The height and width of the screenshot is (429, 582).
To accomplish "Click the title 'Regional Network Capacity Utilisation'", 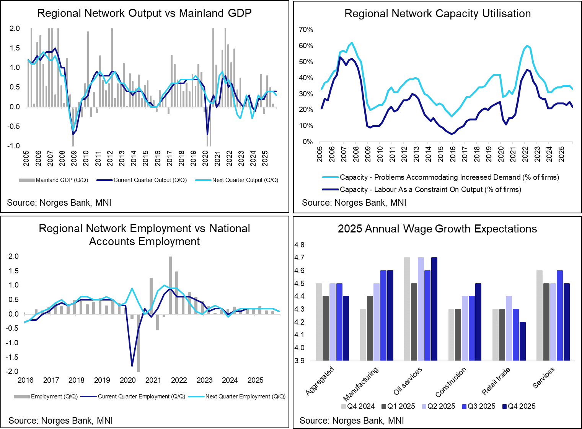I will (437, 14).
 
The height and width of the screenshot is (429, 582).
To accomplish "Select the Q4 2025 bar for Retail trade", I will (522, 341).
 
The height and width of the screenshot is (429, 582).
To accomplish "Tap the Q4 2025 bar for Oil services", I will (434, 309).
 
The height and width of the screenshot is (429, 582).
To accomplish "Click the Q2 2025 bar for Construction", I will (465, 328).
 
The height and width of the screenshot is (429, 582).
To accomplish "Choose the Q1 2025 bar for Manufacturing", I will (370, 328).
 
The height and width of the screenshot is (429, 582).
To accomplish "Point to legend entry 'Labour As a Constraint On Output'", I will (430, 190).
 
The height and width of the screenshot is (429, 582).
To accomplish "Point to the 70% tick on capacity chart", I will (306, 30).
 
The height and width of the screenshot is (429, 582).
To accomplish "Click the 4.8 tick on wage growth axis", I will (299, 245).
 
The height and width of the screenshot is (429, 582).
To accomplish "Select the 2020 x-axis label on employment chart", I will (128, 380).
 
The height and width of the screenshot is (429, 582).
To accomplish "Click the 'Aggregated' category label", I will (320, 380).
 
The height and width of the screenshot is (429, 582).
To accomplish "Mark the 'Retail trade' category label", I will (496, 381).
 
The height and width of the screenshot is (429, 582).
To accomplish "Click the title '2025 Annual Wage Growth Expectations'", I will (437, 229).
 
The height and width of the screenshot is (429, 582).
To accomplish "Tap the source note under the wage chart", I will (352, 421).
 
